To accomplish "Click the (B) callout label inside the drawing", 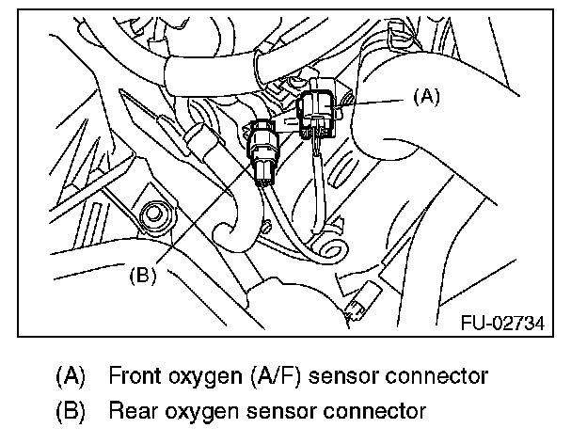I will coord(141,276).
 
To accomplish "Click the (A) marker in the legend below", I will coord(71,377).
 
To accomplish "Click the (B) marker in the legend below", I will coord(71,411).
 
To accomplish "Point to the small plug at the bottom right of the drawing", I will coord(358,307).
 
